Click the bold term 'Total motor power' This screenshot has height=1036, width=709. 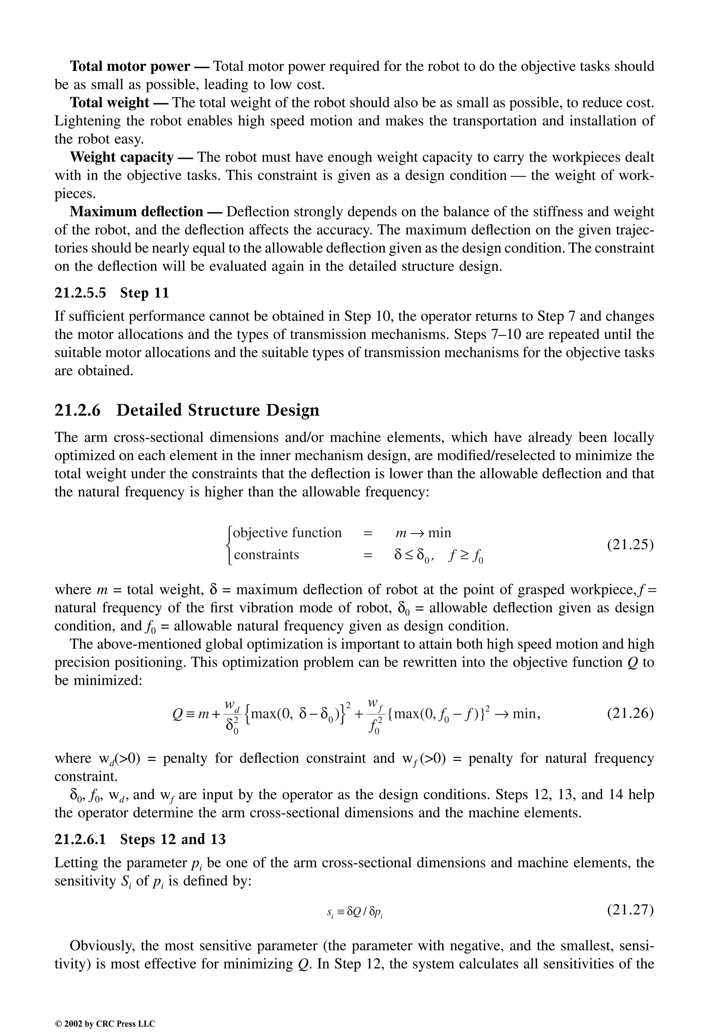(130, 66)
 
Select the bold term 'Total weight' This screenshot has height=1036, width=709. (110, 102)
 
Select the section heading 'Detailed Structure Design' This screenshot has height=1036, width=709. (218, 410)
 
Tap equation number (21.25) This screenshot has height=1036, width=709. (630, 545)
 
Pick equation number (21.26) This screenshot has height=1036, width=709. (630, 714)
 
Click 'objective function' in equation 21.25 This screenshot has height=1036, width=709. (287, 533)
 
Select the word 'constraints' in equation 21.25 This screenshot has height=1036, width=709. (266, 555)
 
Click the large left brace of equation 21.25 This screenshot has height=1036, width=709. (229, 545)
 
